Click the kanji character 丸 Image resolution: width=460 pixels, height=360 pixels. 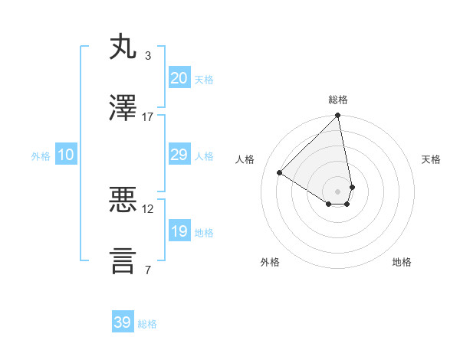point(123,47)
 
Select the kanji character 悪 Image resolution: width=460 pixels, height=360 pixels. point(123,201)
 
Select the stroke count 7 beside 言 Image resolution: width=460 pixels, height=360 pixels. point(147,269)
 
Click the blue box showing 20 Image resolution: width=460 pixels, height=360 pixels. point(179,77)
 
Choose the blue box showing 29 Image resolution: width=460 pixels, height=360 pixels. point(179,155)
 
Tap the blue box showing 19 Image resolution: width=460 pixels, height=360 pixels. point(179,231)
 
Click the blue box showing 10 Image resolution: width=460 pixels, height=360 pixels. point(66,155)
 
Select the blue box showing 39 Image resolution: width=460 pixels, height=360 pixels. point(122,322)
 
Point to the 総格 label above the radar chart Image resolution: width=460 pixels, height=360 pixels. point(338,100)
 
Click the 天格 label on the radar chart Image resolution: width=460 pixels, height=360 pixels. point(432,159)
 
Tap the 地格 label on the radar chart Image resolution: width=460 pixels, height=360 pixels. point(402,262)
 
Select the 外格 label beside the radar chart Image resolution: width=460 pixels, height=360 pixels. point(270,262)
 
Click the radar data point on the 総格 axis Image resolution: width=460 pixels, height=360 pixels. point(338,116)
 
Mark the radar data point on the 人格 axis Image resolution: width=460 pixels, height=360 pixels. point(280,173)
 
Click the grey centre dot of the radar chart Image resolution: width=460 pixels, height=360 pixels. point(338,191)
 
